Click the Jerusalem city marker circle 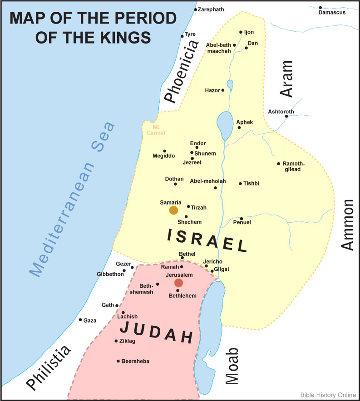pyautogui.click(x=179, y=283)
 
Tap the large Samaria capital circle pyautogui.click(x=173, y=210)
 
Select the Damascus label pyautogui.click(x=332, y=12)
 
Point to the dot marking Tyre pyautogui.click(x=182, y=36)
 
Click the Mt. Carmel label pyautogui.click(x=156, y=130)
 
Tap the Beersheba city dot pyautogui.click(x=118, y=361)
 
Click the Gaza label pyautogui.click(x=90, y=320)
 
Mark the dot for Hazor pyautogui.click(x=222, y=90)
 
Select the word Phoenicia pyautogui.click(x=181, y=71)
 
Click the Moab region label pyautogui.click(x=232, y=367)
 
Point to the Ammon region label pyautogui.click(x=347, y=225)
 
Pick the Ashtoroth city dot pyautogui.click(x=286, y=117)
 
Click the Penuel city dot pyautogui.click(x=242, y=218)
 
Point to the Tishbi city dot pyautogui.click(x=240, y=184)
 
